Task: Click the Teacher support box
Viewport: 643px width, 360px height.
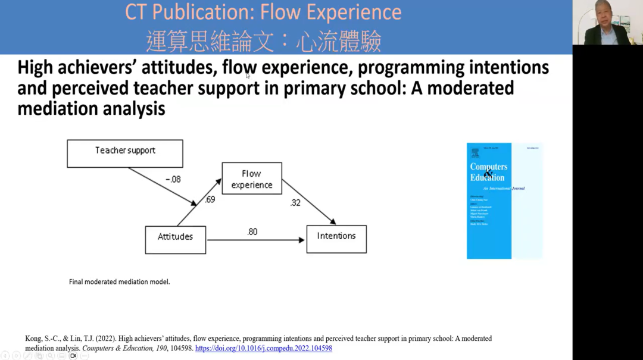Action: [x=125, y=154]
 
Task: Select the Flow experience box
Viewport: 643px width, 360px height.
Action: [x=252, y=179]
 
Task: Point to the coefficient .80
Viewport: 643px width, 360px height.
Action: [x=252, y=231]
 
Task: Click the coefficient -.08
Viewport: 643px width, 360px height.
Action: [x=173, y=179]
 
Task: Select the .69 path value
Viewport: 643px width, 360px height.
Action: [x=210, y=200]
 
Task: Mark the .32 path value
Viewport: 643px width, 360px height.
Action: [x=295, y=203]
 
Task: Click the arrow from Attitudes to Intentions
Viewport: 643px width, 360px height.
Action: [x=256, y=240]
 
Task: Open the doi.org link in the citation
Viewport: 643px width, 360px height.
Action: [x=263, y=348]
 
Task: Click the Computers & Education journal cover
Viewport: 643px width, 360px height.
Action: [x=504, y=201]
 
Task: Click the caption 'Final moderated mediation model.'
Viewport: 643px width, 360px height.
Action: [x=120, y=281]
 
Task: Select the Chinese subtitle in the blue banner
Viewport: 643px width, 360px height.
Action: [x=263, y=42]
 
